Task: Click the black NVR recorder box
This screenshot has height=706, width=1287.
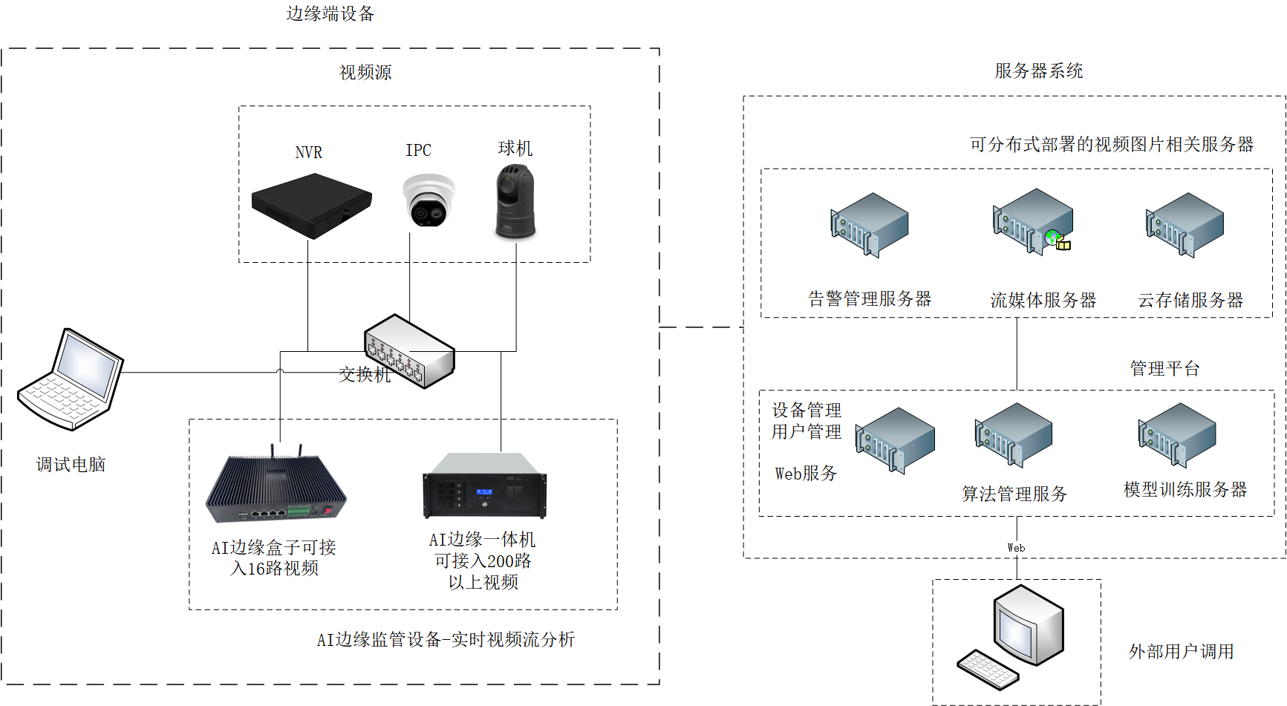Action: (x=311, y=205)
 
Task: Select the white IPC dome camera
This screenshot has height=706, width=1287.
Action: (x=429, y=200)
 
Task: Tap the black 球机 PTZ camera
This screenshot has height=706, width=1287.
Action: (x=515, y=202)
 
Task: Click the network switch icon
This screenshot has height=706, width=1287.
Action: (x=409, y=350)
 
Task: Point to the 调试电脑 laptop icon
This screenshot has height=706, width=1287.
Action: (x=71, y=379)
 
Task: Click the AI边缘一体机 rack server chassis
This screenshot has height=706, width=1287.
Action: (x=484, y=486)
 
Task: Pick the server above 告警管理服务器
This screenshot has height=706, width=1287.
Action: (x=869, y=224)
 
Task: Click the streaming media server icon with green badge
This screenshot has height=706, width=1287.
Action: (x=1032, y=220)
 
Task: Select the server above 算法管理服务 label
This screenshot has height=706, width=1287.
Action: (x=1013, y=434)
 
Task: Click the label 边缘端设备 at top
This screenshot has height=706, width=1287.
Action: (x=330, y=13)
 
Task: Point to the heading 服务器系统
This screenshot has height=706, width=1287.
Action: (x=1038, y=71)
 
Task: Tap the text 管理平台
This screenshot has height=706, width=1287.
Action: (x=1164, y=368)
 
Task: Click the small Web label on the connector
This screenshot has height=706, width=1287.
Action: (x=1016, y=548)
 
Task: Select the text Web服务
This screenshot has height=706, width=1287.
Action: (x=806, y=473)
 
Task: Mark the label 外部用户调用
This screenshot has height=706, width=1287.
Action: (x=1181, y=651)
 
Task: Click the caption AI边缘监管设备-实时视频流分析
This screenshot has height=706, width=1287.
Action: (x=446, y=639)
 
